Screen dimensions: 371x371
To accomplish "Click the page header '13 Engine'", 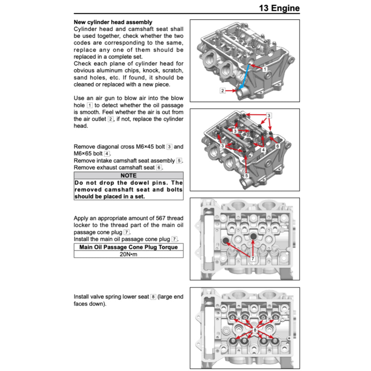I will pos(279,8).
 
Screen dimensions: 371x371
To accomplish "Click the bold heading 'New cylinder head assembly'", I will pos(113,22).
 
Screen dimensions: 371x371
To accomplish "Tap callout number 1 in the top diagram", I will pos(265,69).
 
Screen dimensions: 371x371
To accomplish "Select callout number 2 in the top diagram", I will pos(222,91).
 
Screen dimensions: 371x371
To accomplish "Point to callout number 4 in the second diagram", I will pos(263,149).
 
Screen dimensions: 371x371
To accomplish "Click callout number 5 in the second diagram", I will pos(246,176).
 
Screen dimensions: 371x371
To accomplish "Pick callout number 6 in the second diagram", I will pos(278,146).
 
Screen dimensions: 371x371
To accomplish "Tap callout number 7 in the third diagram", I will pos(253,259).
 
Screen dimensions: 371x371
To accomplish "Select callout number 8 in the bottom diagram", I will pos(255,330).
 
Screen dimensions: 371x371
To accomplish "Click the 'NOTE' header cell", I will pos(128,176).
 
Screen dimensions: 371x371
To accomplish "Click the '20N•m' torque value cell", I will pos(128,254).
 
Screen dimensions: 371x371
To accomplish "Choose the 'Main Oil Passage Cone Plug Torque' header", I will pos(128,247).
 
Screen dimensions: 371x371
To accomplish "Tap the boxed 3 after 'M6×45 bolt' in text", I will pos(169,147).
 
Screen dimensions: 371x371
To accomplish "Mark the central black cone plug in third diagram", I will pos(253,236).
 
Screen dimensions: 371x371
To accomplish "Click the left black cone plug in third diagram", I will pos(226,241).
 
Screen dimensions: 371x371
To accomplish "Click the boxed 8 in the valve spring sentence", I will pos(153,297).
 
